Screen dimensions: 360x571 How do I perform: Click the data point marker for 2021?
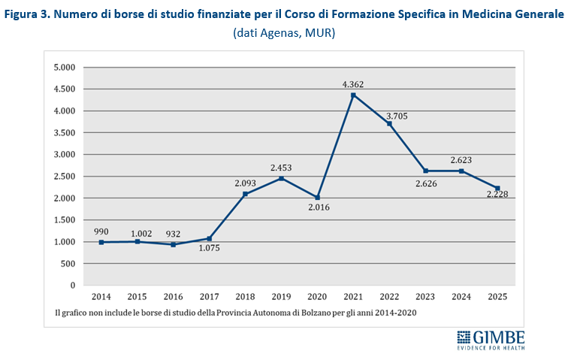353,95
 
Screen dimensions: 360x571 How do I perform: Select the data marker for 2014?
101,242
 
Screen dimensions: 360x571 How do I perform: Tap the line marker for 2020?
317,198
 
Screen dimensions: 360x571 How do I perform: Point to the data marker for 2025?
497,188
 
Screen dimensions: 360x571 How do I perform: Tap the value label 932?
172,232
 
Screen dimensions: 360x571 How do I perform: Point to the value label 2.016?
317,208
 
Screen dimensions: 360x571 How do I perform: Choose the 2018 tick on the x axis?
245,297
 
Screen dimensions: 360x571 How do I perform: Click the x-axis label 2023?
425,297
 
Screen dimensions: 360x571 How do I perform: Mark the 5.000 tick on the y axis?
65,67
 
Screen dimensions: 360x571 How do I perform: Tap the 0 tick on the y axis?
73,286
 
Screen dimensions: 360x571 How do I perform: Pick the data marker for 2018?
245,194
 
